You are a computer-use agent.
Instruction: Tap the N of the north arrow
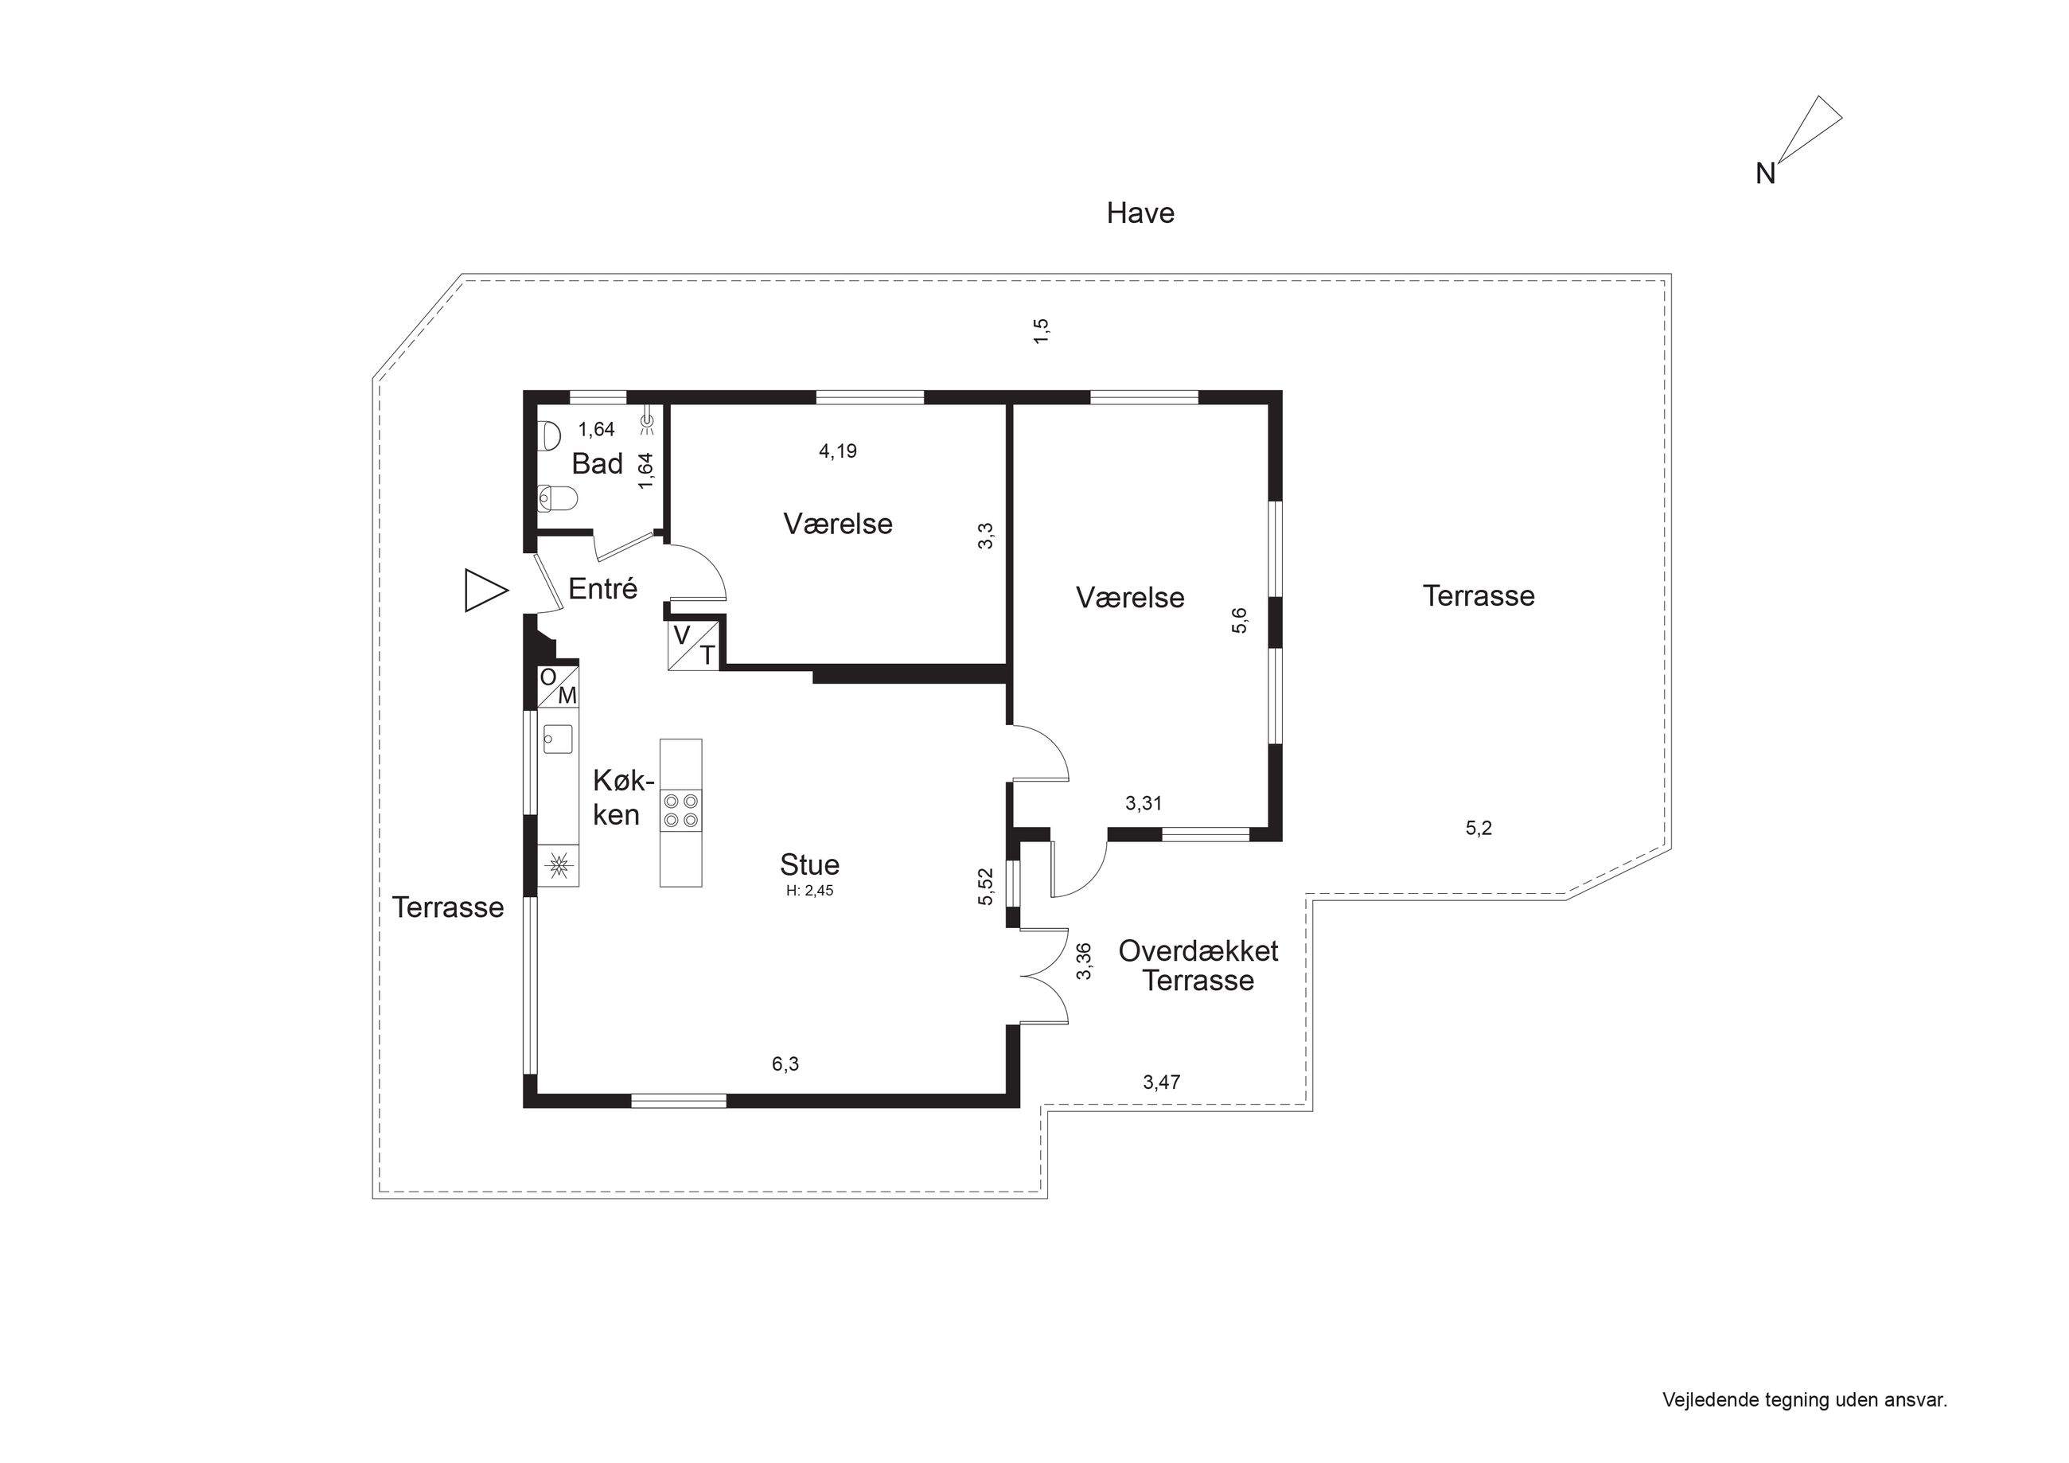coord(1765,174)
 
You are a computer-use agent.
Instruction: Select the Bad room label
coord(598,463)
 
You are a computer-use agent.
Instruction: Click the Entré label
coord(603,589)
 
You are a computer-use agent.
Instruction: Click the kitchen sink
coord(559,739)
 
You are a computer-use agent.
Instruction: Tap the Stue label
coord(809,864)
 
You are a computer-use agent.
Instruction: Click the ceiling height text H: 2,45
coord(809,891)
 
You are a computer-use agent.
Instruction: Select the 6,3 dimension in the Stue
coord(785,1063)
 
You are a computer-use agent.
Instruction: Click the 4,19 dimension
coord(838,451)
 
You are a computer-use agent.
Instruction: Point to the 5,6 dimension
coord(1240,620)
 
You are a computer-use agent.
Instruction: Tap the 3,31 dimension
coord(1144,802)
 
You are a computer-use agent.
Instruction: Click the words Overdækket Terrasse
coord(1198,965)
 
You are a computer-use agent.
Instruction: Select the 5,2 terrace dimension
coord(1479,828)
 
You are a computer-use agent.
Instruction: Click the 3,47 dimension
coord(1162,1082)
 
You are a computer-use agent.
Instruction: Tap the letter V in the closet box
coord(682,635)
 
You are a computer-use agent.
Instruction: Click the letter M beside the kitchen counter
coord(567,696)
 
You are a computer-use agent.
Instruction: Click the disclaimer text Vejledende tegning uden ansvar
coord(1805,1400)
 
